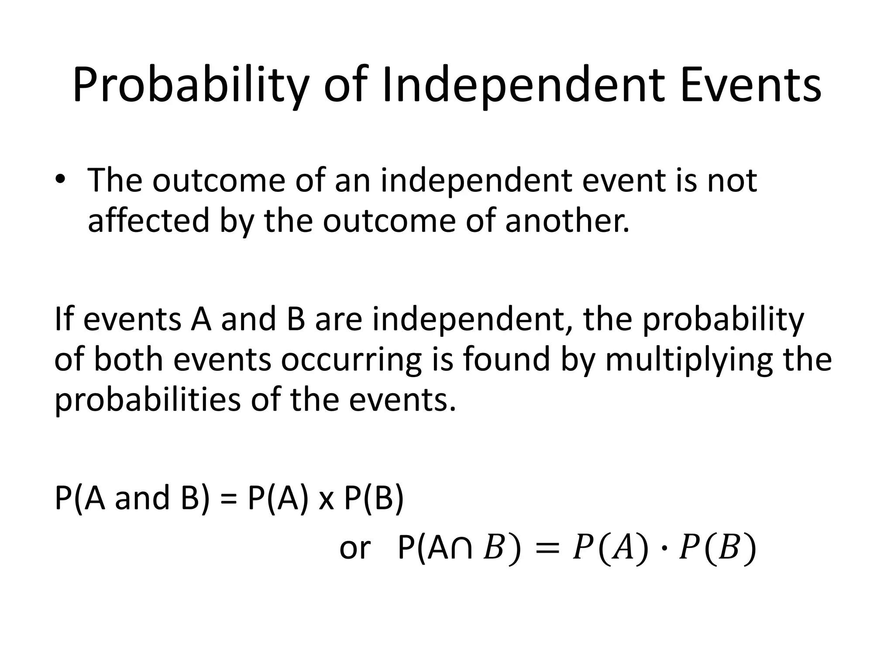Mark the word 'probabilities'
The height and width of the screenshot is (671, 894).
[x=147, y=399]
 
